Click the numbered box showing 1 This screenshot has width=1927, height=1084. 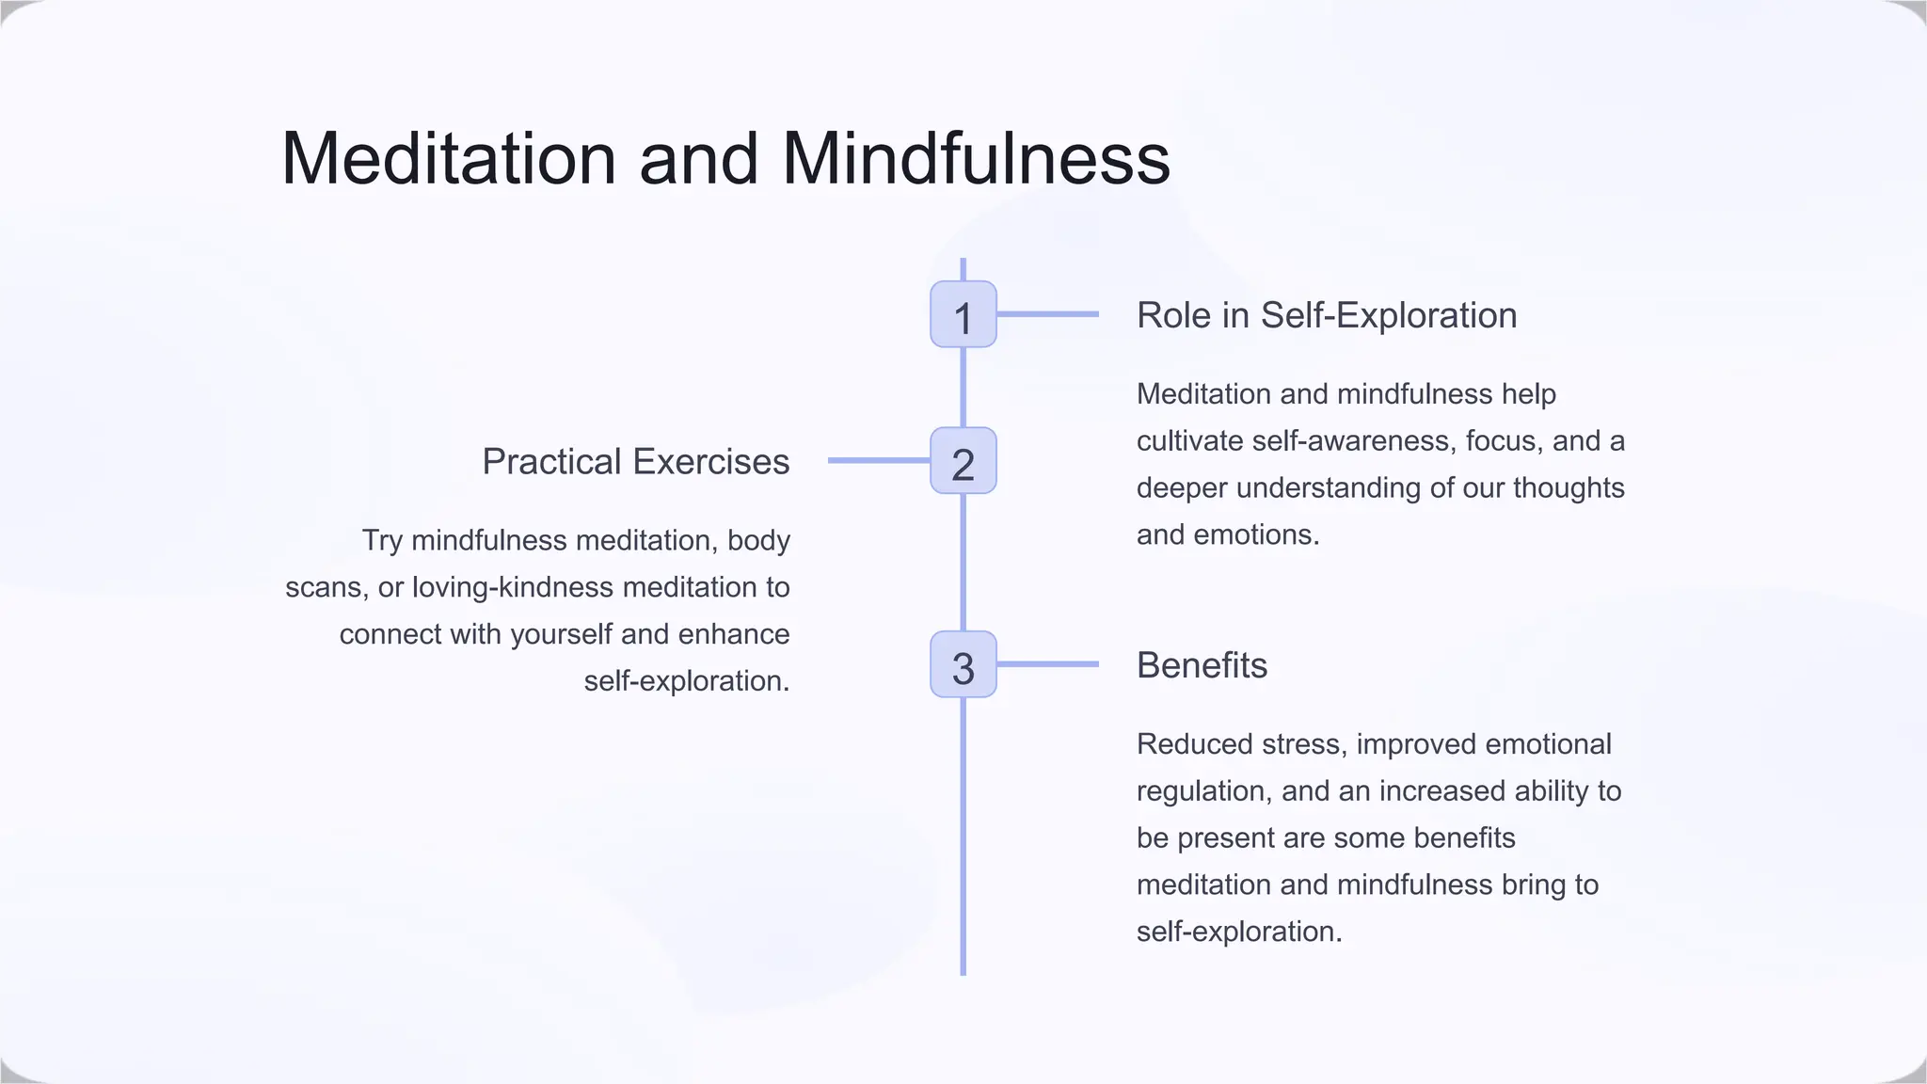click(x=963, y=314)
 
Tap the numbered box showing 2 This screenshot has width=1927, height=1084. click(x=963, y=461)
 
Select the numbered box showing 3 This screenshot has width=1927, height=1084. click(x=963, y=664)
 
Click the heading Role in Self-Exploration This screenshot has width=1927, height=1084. click(x=1326, y=315)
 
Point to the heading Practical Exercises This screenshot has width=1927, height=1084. click(x=635, y=462)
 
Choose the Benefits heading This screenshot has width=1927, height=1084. click(x=1202, y=665)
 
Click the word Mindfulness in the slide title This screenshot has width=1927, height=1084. click(x=976, y=158)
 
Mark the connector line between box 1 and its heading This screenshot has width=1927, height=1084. click(x=1047, y=314)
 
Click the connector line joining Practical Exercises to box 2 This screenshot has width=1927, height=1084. click(x=879, y=460)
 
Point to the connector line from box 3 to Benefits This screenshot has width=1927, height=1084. click(x=1047, y=664)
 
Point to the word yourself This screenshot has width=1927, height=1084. click(x=561, y=635)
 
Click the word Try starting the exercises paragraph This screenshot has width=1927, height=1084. click(x=382, y=541)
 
